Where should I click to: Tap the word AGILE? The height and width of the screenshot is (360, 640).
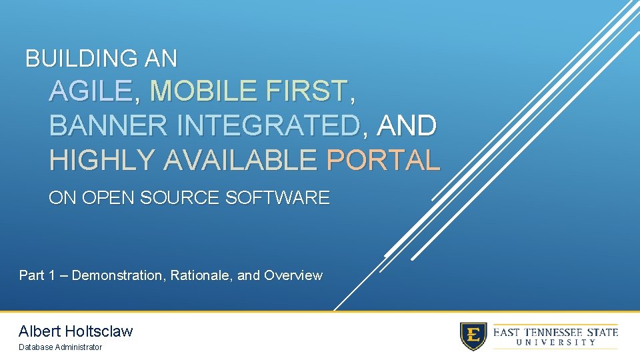tap(91, 91)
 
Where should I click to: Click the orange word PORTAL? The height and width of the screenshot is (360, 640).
tap(383, 160)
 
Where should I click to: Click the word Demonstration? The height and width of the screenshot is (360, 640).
tap(117, 275)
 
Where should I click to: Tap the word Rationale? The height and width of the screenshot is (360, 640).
tap(198, 275)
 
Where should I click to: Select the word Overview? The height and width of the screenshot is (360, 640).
tap(293, 275)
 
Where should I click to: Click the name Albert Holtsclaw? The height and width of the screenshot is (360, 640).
tap(76, 331)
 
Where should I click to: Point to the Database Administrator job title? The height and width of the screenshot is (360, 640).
tap(61, 347)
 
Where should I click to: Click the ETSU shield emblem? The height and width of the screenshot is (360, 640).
tap(473, 336)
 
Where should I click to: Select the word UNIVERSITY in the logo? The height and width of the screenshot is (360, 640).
tap(555, 343)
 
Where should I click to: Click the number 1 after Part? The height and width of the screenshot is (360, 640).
tap(52, 275)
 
